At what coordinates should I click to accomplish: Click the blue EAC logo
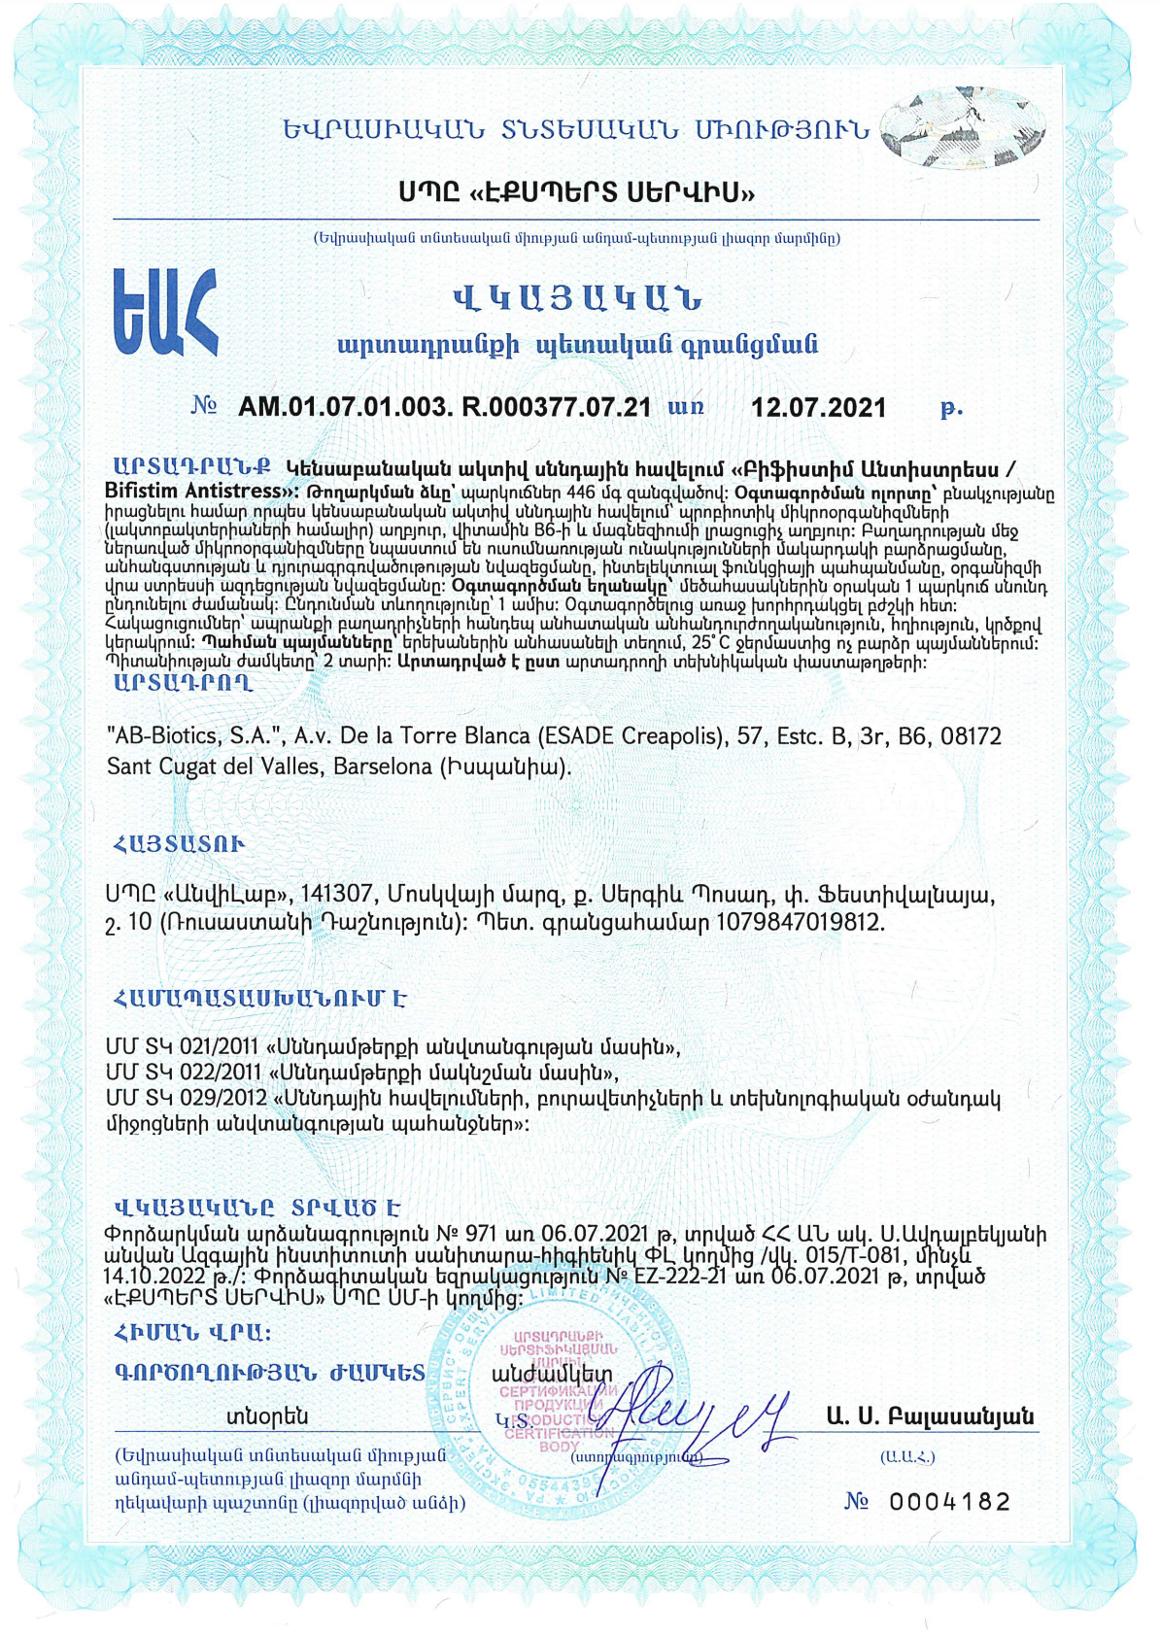coord(165,312)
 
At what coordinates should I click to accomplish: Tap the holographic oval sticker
coord(963,127)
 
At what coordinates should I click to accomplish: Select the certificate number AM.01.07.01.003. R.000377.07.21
coord(444,407)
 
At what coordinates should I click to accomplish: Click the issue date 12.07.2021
coord(818,408)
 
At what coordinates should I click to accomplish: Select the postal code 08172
coord(971,736)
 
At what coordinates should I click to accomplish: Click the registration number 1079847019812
coord(799,922)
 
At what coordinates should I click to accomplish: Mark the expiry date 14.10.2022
coord(154,1276)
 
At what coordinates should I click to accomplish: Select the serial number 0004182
coord(949,1502)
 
